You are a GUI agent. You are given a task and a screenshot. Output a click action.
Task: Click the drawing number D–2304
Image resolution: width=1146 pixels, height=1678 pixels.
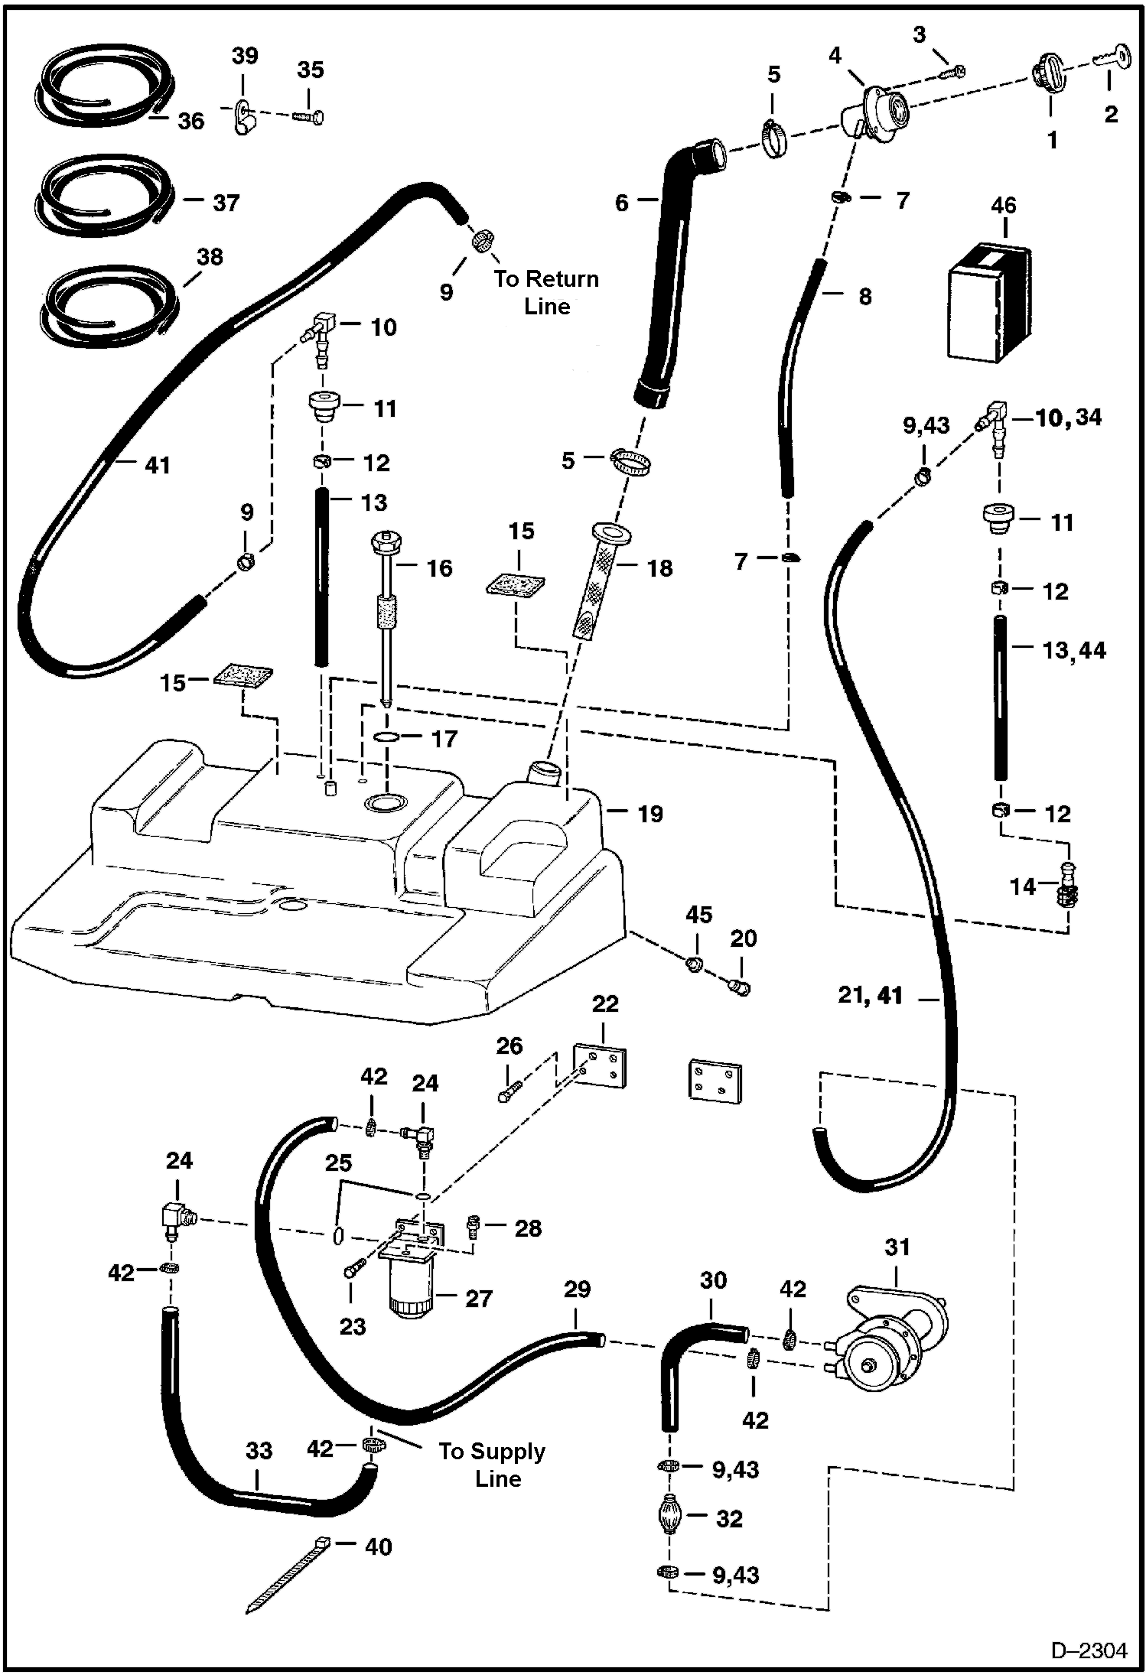pos(1089,1650)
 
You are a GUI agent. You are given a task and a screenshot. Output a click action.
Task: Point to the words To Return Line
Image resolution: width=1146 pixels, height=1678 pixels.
pos(546,292)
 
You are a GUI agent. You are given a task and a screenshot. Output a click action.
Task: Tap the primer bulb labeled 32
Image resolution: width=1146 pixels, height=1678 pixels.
pos(669,1517)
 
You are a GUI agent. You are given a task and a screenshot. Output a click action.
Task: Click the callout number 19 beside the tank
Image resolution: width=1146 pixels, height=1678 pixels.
pos(650,814)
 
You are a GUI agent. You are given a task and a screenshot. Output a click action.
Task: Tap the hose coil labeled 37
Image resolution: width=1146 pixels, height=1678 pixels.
pos(103,197)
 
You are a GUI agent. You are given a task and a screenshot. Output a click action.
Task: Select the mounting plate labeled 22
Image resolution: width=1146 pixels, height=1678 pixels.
pos(601,1064)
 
